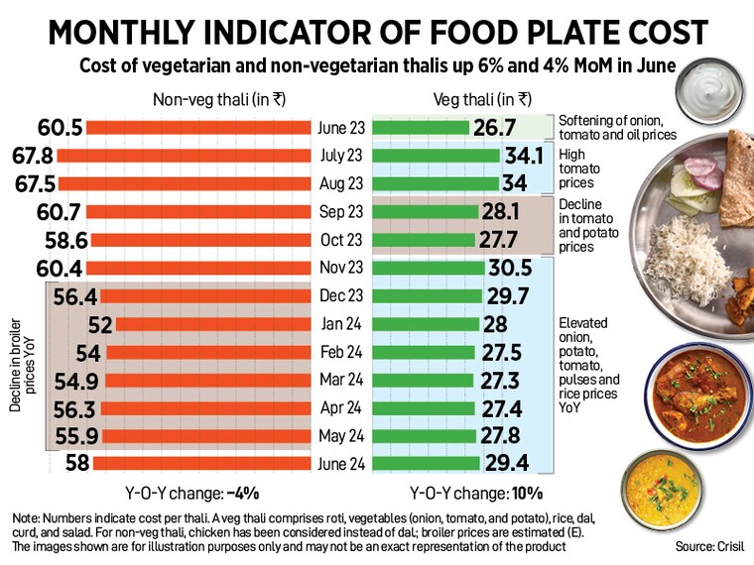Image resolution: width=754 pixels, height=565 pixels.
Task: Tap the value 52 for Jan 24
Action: tap(99, 323)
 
